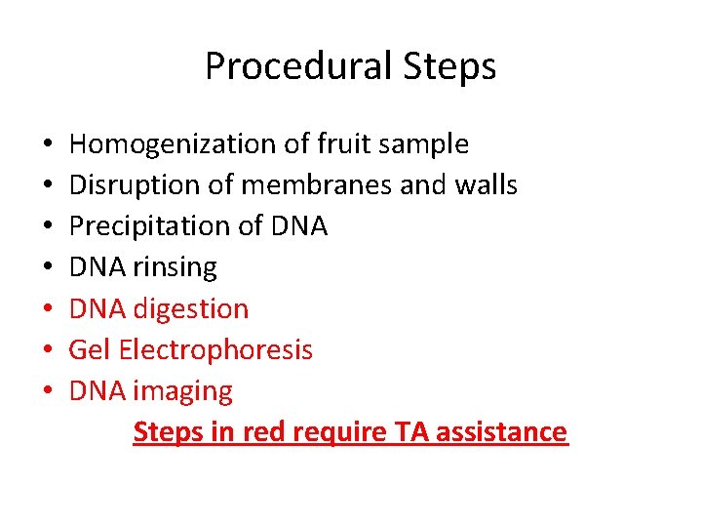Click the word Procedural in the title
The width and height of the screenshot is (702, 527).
277,67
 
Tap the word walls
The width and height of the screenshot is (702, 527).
482,185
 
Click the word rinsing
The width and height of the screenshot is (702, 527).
175,267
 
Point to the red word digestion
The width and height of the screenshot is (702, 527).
191,309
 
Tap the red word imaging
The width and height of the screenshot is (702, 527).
183,392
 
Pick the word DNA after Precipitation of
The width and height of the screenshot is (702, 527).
297,226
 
